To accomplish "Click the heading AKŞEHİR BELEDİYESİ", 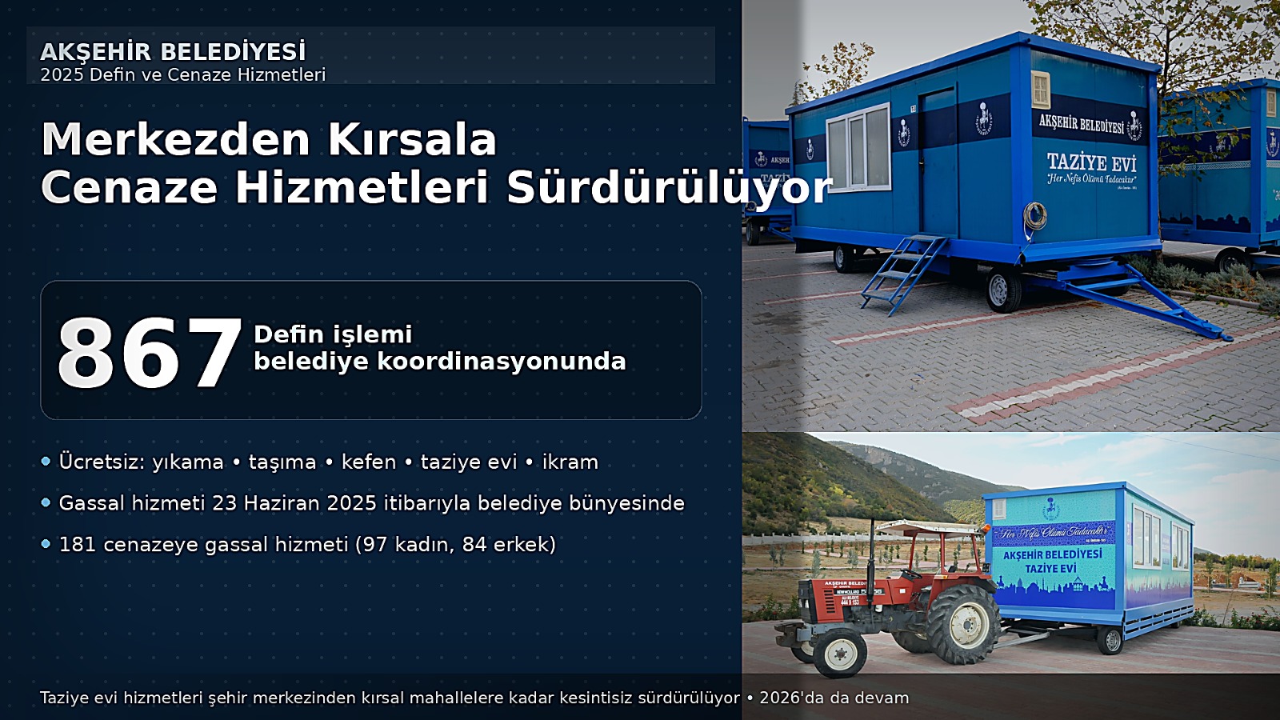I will coord(173,52).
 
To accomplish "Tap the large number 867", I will coord(149,353).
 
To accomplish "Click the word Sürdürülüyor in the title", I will coord(669,188).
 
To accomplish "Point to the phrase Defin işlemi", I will coord(333,334).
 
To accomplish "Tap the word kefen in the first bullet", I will coord(369,462).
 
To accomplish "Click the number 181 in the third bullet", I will coord(78,545).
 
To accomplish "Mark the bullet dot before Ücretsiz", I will coord(46,462).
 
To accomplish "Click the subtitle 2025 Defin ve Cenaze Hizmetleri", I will coord(183,75).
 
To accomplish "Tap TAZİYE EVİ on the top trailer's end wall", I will coord(1091,162).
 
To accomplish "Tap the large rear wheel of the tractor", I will coord(963,623).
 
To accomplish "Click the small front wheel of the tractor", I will coord(840,653).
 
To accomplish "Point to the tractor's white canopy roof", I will coord(928,527).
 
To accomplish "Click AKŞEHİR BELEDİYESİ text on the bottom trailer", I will coord(1052,554).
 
